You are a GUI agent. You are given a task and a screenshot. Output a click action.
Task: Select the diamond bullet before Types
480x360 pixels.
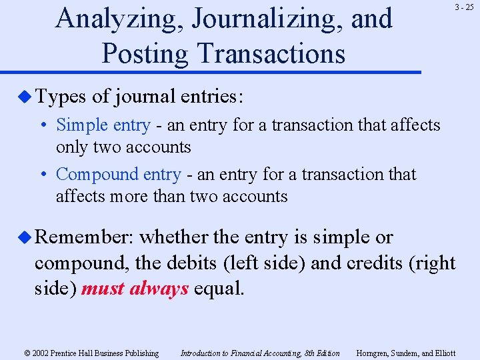click(26, 97)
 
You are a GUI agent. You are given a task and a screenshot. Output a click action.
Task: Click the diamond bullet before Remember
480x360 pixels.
click(26, 237)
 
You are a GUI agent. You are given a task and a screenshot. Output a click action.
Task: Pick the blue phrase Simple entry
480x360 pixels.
click(103, 125)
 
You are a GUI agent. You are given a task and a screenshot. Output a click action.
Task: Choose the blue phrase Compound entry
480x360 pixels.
click(118, 175)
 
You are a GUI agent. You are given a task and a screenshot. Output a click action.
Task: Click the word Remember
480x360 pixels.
click(84, 237)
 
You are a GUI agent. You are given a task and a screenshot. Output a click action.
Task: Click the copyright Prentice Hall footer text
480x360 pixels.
click(91, 353)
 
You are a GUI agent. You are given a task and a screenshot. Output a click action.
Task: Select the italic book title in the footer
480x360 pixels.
click(260, 353)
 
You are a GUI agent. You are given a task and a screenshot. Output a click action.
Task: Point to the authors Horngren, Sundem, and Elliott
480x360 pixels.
click(406, 353)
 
